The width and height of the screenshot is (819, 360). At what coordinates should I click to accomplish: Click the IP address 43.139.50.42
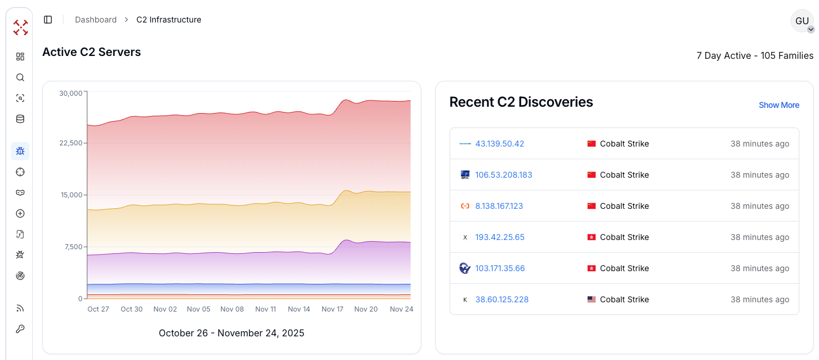[x=500, y=144]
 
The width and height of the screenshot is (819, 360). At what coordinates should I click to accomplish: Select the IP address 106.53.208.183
[x=504, y=175]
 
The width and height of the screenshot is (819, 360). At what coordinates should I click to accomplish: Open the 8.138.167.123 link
[x=499, y=206]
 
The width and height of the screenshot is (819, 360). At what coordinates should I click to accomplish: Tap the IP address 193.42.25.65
[x=500, y=237]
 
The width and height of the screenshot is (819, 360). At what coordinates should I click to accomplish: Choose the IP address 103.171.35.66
[x=500, y=268]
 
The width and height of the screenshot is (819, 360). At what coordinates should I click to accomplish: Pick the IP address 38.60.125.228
[x=502, y=299]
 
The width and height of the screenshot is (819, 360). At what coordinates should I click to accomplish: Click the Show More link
[x=779, y=105]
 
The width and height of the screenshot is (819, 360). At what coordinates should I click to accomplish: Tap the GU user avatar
[x=802, y=21]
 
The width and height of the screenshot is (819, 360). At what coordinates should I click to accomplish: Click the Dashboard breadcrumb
[x=96, y=20]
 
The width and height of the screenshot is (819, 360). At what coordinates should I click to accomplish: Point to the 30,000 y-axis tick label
[x=72, y=93]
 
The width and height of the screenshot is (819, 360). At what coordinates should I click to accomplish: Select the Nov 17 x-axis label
[x=332, y=309]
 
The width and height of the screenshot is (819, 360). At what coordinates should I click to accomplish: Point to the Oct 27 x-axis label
[x=98, y=309]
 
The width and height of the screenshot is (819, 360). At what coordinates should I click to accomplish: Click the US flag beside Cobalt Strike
[x=591, y=299]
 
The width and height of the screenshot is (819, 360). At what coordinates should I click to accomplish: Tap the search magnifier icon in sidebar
[x=20, y=77]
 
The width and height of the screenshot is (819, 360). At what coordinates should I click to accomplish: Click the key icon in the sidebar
[x=20, y=329]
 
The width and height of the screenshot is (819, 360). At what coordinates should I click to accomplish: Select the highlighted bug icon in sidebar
[x=20, y=151]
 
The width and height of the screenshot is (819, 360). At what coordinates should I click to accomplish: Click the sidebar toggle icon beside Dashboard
[x=48, y=20]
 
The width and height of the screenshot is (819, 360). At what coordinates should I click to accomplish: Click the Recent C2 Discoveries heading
[x=521, y=102]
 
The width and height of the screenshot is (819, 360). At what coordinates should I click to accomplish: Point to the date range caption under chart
[x=231, y=333]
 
